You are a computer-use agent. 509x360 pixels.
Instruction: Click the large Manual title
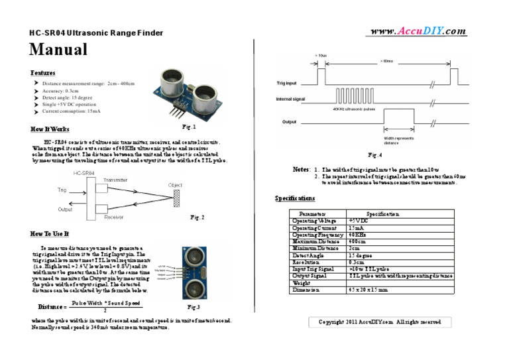coord(58,49)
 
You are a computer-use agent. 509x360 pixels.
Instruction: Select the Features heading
coord(43,72)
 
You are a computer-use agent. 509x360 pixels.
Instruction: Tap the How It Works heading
coord(50,129)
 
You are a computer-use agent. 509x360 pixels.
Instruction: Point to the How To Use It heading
coord(50,233)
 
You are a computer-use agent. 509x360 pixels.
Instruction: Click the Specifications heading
coord(295,198)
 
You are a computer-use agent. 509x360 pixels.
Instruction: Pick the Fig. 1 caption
coord(189,126)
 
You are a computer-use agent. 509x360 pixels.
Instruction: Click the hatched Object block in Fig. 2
coord(176,197)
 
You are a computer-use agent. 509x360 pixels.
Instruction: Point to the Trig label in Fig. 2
coord(62,190)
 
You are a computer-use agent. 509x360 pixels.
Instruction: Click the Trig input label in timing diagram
coord(287,84)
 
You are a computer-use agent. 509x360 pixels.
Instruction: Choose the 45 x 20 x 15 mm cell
coord(368,290)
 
